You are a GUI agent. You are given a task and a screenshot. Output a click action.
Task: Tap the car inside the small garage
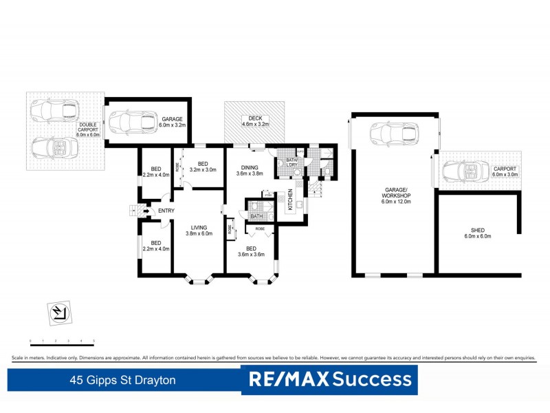point(131,122)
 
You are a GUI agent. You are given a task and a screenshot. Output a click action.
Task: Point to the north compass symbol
point(59,313)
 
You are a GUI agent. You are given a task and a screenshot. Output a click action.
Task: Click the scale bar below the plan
point(62,341)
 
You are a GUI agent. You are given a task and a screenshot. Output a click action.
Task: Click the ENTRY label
point(166,211)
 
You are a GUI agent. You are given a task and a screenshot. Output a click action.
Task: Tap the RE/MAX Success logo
point(331,379)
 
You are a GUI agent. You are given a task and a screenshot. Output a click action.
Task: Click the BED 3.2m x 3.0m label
point(202,166)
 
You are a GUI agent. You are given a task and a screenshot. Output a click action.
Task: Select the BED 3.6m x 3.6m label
point(251,252)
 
